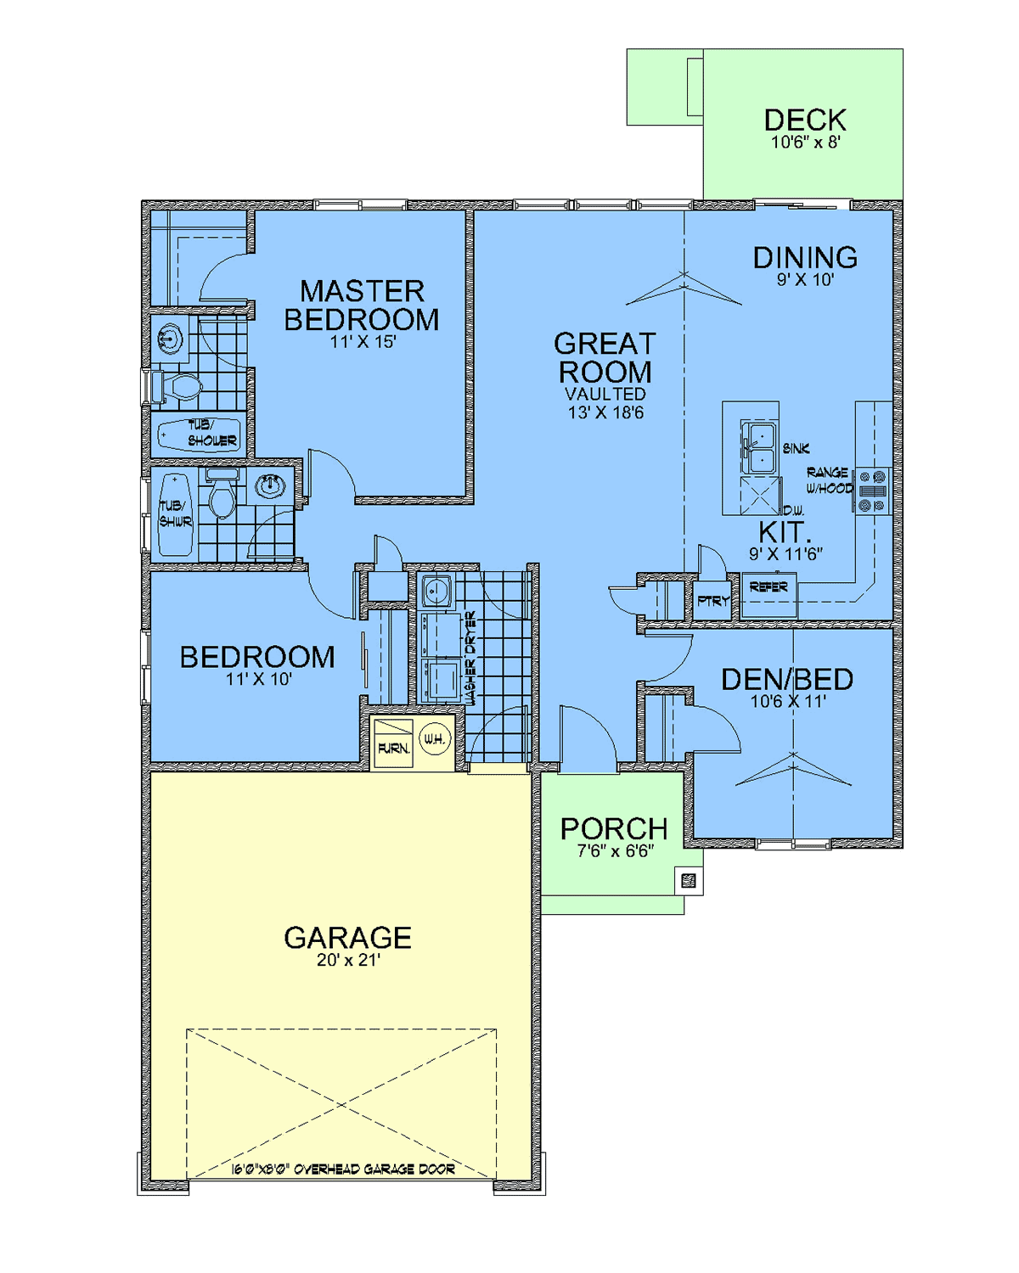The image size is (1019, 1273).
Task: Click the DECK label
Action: [x=804, y=120]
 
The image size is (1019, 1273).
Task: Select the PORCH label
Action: [x=614, y=829]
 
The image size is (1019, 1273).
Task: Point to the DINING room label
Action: [x=805, y=257]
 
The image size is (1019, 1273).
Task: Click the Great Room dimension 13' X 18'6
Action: [x=605, y=412]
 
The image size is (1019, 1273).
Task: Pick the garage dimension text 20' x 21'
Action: [x=347, y=960]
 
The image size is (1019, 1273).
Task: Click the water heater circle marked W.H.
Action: [x=435, y=738]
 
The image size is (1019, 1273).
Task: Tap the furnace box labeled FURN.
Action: [x=393, y=743]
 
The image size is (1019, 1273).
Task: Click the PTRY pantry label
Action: [x=713, y=601]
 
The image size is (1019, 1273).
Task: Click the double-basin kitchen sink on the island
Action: [x=758, y=448]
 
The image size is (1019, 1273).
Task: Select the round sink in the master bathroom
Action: [x=170, y=339]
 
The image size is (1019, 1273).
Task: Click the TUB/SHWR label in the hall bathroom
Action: [x=175, y=513]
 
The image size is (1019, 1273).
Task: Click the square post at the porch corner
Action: [x=688, y=881]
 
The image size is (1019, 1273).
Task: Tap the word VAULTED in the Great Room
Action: [x=605, y=394]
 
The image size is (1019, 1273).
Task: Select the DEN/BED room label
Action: [x=787, y=680]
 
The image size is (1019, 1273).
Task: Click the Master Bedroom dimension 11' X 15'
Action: [x=363, y=342]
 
